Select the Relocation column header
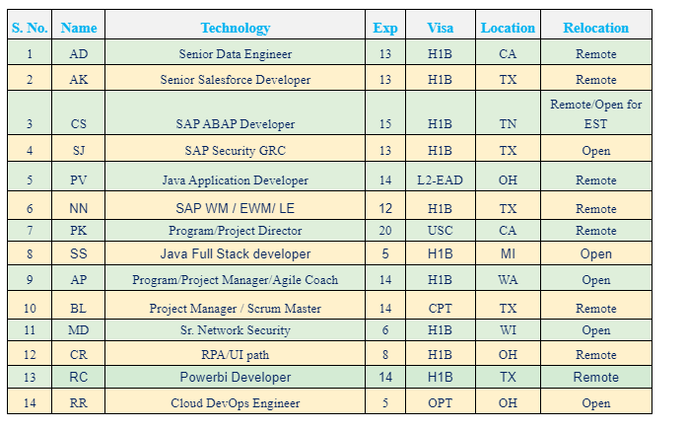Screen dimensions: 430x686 click(595, 28)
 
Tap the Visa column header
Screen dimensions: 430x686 click(441, 28)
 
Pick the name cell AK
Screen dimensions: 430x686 click(78, 80)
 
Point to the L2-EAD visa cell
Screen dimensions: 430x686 click(441, 180)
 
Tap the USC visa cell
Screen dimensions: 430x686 click(441, 231)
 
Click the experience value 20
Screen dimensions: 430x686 click(385, 231)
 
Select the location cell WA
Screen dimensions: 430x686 click(508, 280)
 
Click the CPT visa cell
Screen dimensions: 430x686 click(441, 309)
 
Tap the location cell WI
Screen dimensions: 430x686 click(508, 330)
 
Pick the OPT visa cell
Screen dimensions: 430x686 click(441, 403)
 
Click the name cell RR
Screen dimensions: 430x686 click(78, 403)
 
